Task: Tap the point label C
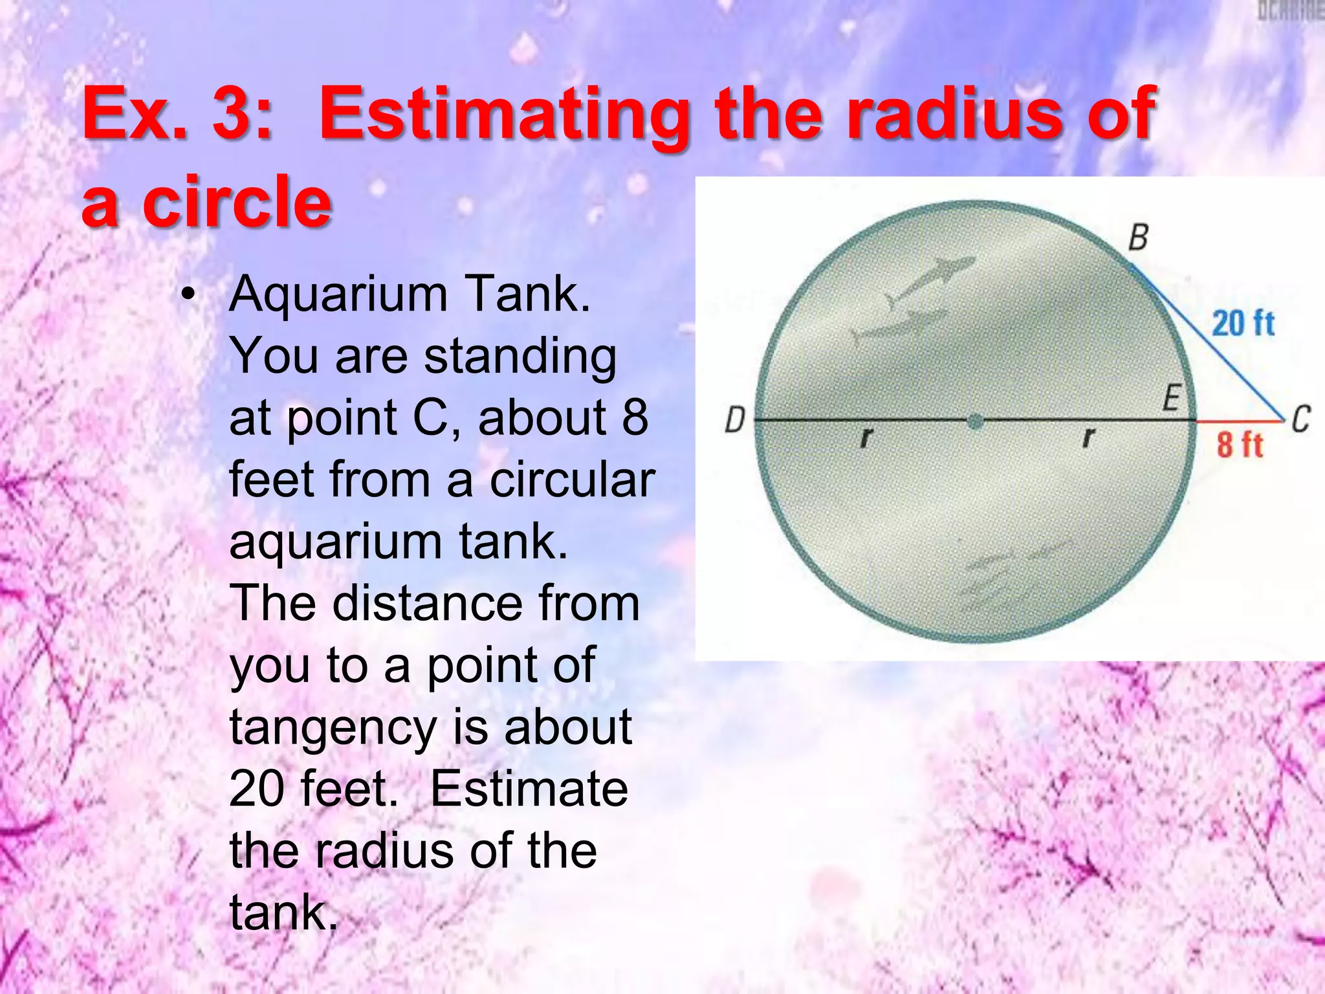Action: click(1300, 419)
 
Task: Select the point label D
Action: click(735, 420)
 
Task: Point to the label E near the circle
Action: click(1172, 397)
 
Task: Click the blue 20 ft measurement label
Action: click(1242, 323)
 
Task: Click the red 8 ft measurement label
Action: click(1239, 445)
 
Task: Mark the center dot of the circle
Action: click(975, 423)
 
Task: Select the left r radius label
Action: click(866, 438)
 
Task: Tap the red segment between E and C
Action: click(1238, 421)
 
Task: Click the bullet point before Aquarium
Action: click(188, 296)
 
